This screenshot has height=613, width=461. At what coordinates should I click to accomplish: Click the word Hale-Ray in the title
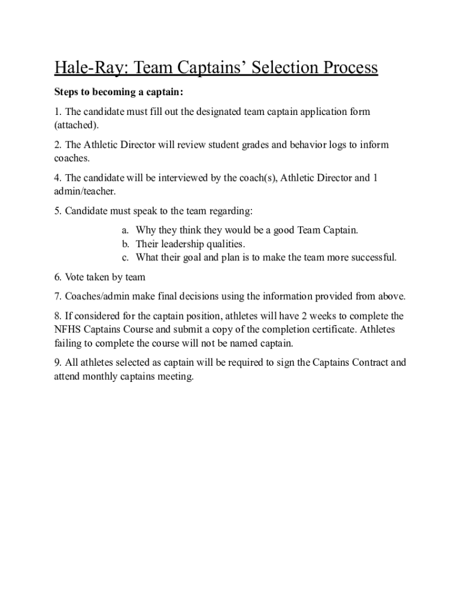(x=89, y=68)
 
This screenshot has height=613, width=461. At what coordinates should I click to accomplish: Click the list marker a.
(x=125, y=230)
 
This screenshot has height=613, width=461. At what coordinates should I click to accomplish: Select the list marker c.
(x=125, y=258)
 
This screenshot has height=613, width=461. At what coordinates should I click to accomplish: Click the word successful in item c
(x=374, y=258)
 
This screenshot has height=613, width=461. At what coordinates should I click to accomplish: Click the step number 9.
(x=57, y=363)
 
